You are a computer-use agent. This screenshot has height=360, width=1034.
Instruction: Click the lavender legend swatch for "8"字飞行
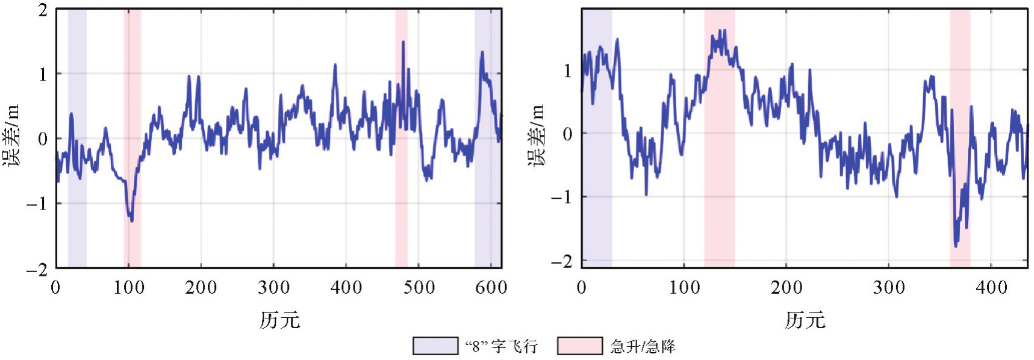click(435, 346)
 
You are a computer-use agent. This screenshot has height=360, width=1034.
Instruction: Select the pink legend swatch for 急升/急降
click(579, 346)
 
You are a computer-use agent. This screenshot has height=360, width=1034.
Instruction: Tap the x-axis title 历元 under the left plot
click(279, 320)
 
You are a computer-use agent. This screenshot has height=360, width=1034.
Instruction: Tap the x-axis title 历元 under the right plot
click(805, 320)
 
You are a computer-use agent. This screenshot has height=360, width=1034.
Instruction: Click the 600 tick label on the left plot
click(491, 288)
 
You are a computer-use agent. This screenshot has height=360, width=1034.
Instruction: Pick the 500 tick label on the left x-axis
click(419, 288)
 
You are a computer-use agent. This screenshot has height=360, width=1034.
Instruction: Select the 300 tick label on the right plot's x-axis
click(889, 288)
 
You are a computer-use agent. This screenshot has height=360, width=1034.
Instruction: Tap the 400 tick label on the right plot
click(991, 288)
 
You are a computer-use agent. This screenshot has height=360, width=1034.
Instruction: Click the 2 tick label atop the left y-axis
click(42, 10)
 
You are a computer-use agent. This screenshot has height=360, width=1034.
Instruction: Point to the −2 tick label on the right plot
click(561, 261)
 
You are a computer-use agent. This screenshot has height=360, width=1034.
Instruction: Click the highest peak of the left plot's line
click(403, 42)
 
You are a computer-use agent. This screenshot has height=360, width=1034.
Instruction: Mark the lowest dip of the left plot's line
click(131, 220)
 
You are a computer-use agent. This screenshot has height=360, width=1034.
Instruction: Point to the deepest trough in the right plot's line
click(956, 246)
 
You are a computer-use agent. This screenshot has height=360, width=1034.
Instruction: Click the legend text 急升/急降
click(643, 346)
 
